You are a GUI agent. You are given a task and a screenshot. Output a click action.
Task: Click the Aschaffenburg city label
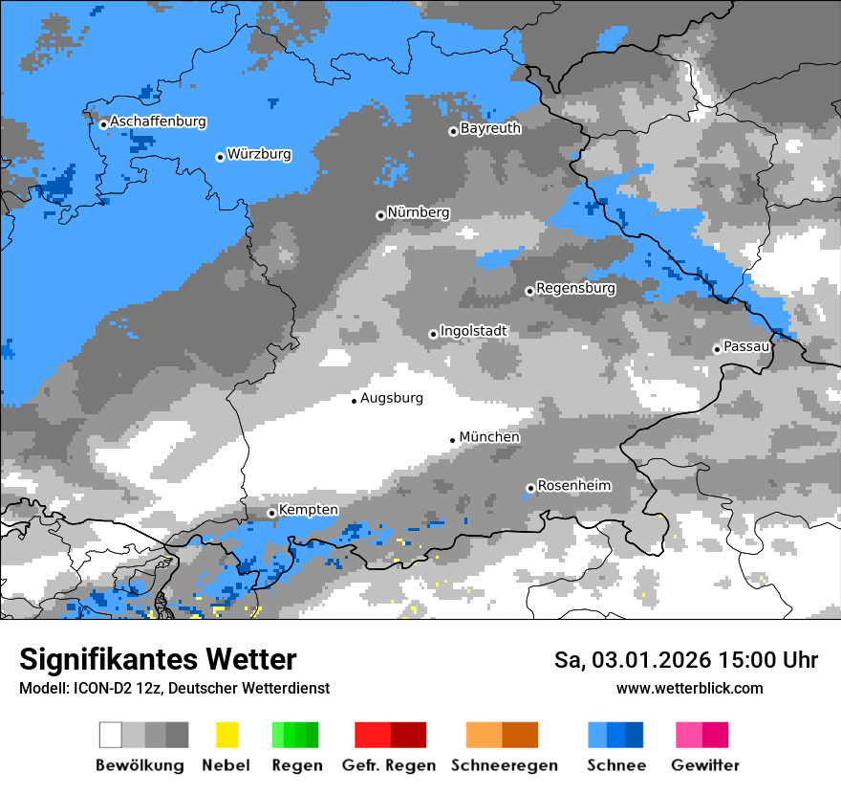coord(158,122)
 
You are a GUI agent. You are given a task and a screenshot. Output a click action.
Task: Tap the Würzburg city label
coord(259,155)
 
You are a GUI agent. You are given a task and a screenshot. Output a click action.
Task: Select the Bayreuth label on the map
coord(490,128)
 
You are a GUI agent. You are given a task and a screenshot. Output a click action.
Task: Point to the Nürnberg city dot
coord(380,215)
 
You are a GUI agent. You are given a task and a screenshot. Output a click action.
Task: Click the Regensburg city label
coord(575,288)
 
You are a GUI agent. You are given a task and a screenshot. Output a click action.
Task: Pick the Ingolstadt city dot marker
coord(433,334)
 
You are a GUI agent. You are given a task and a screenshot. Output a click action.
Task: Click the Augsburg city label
coord(391,398)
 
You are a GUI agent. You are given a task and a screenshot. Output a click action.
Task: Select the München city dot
coord(452,440)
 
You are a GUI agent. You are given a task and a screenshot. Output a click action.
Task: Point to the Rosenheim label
coord(573,486)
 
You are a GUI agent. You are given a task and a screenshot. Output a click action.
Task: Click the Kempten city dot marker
coord(272,513)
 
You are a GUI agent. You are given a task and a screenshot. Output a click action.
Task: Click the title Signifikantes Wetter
coord(158,659)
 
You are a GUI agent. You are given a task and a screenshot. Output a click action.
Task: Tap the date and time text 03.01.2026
coord(686,660)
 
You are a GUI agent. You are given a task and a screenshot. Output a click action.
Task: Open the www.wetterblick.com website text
coord(689,688)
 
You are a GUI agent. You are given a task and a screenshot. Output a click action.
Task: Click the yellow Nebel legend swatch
coord(226,735)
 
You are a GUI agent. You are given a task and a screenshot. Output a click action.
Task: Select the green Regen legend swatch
coord(295,735)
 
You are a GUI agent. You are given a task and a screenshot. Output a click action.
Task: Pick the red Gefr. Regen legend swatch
coord(390,735)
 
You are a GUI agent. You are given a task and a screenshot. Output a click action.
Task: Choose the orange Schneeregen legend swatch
coord(502,735)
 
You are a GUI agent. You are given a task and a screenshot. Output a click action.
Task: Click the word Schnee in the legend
coord(615,765)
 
